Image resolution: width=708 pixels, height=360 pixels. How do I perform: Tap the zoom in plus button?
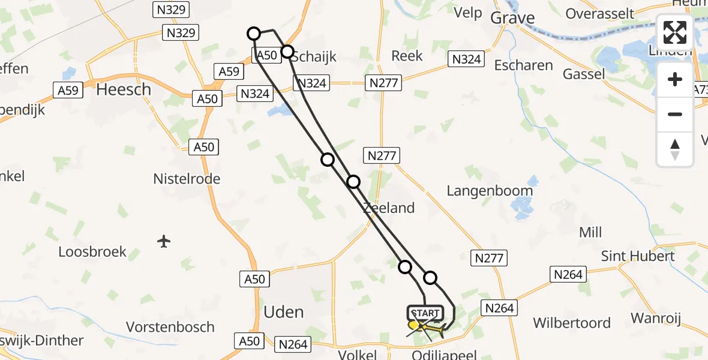point(675,79)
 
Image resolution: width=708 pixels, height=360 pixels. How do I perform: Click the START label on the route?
point(425,313)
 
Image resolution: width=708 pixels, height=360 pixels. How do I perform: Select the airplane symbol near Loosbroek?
point(164,241)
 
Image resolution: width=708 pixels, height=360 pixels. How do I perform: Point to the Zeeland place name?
point(388,208)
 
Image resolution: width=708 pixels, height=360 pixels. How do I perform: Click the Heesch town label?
point(124,90)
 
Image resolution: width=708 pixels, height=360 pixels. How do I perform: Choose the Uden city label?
point(283,312)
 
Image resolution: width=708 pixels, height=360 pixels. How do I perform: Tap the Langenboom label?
point(490,191)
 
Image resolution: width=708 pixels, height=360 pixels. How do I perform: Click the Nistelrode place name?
point(187,178)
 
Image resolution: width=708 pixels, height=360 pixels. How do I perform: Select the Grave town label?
point(512,18)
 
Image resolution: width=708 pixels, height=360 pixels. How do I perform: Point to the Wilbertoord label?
point(572,323)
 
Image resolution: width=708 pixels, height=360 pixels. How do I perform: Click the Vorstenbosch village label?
point(170,327)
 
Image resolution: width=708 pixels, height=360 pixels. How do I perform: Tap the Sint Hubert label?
point(638,256)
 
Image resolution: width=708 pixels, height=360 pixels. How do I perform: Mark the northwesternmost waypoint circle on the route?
point(254,34)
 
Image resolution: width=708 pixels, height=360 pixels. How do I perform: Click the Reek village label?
point(407,56)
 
